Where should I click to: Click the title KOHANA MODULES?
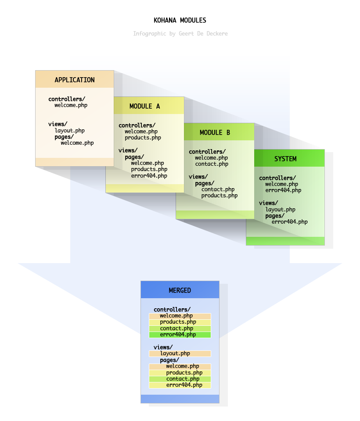coord(180,20)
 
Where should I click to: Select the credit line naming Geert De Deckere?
coord(180,34)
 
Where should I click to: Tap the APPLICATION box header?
coord(75,80)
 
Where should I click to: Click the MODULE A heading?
coord(145,106)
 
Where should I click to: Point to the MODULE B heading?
coord(215,132)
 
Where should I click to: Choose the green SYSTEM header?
coord(285,159)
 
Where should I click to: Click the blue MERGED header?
coord(180,290)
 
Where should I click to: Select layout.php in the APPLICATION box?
coord(69,131)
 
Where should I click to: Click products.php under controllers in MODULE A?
coord(143,138)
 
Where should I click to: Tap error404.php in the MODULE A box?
coord(149,176)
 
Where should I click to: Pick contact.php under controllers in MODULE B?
coord(212,164)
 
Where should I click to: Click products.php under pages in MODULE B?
coord(219,196)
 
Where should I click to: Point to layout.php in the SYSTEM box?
coord(280,210)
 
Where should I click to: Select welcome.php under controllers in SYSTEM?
coord(281,184)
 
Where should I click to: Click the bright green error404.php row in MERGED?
coord(180,335)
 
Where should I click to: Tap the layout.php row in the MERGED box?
coord(180,353)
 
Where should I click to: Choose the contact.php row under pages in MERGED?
coord(180,379)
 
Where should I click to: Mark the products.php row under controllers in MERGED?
coord(180,322)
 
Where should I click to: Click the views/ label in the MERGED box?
coord(163,347)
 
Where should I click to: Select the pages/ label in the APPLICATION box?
coord(64,137)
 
